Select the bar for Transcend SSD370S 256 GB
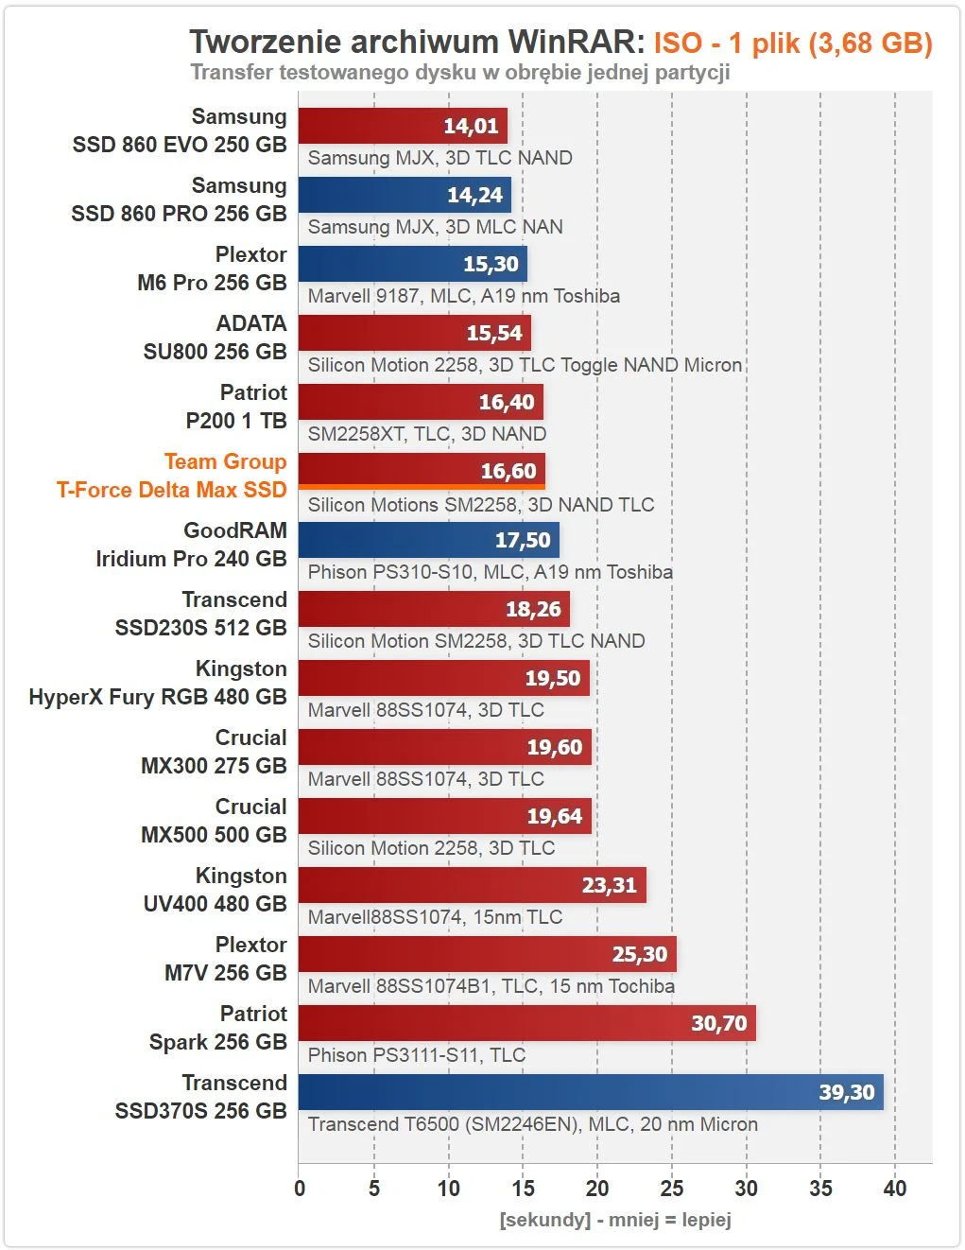591,1092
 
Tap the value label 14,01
471,126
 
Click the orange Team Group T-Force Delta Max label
171,476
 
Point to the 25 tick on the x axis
672,1189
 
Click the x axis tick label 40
894,1189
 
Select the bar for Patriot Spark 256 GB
526,1023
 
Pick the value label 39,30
846,1092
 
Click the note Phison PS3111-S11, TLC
416,1055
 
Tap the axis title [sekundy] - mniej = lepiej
615,1220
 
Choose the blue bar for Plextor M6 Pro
412,264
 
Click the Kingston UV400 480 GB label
215,890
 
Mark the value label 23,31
609,885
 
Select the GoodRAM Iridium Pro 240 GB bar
428,540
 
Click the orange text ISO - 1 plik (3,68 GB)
793,43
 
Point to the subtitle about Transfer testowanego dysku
459,73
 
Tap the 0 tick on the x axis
300,1189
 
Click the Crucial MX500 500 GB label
214,821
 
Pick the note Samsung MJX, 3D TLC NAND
439,158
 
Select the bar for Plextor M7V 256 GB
487,954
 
